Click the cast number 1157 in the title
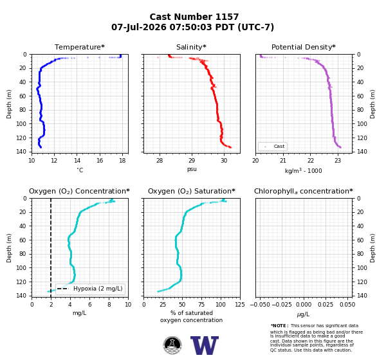(x=227, y=17)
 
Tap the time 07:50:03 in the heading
(x=190, y=27)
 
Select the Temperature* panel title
(x=80, y=47)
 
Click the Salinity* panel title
(x=191, y=47)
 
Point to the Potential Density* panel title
(x=304, y=47)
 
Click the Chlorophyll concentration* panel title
(x=304, y=191)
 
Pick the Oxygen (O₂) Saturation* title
(x=192, y=191)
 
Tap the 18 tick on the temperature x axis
(x=122, y=161)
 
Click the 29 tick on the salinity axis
(x=192, y=161)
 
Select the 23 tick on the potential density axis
(x=338, y=161)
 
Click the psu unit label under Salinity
(x=192, y=169)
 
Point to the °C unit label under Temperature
(x=80, y=170)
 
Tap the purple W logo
(x=205, y=345)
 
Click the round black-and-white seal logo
(x=172, y=345)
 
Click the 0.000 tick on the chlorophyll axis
(x=304, y=305)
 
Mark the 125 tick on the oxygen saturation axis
(x=240, y=305)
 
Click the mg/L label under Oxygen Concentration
(x=80, y=313)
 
